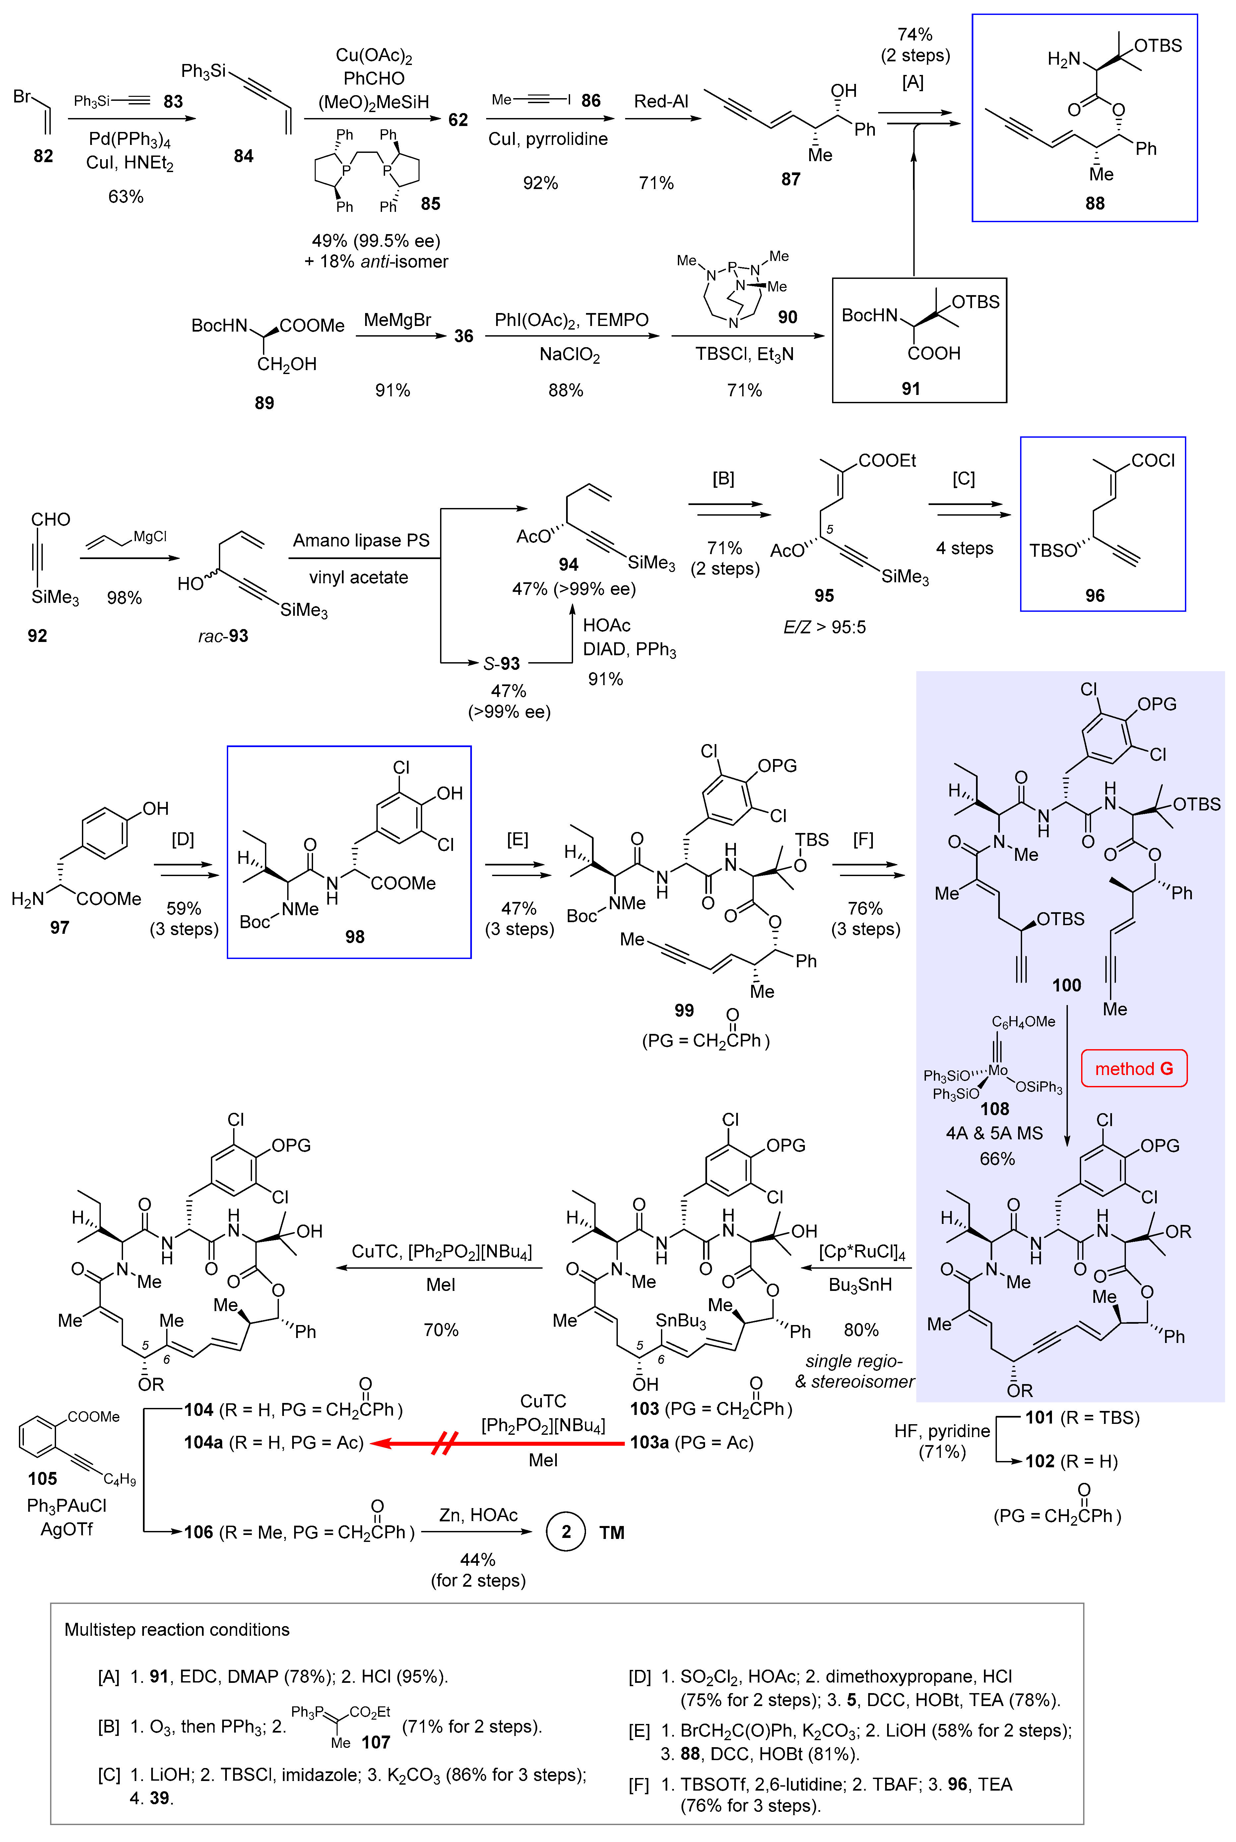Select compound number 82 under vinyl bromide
[43, 156]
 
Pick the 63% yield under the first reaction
[126, 196]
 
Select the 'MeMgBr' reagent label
[397, 320]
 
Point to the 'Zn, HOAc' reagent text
[478, 1515]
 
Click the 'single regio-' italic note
[854, 1361]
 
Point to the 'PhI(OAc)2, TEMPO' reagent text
[571, 320]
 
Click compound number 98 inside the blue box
[355, 937]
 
